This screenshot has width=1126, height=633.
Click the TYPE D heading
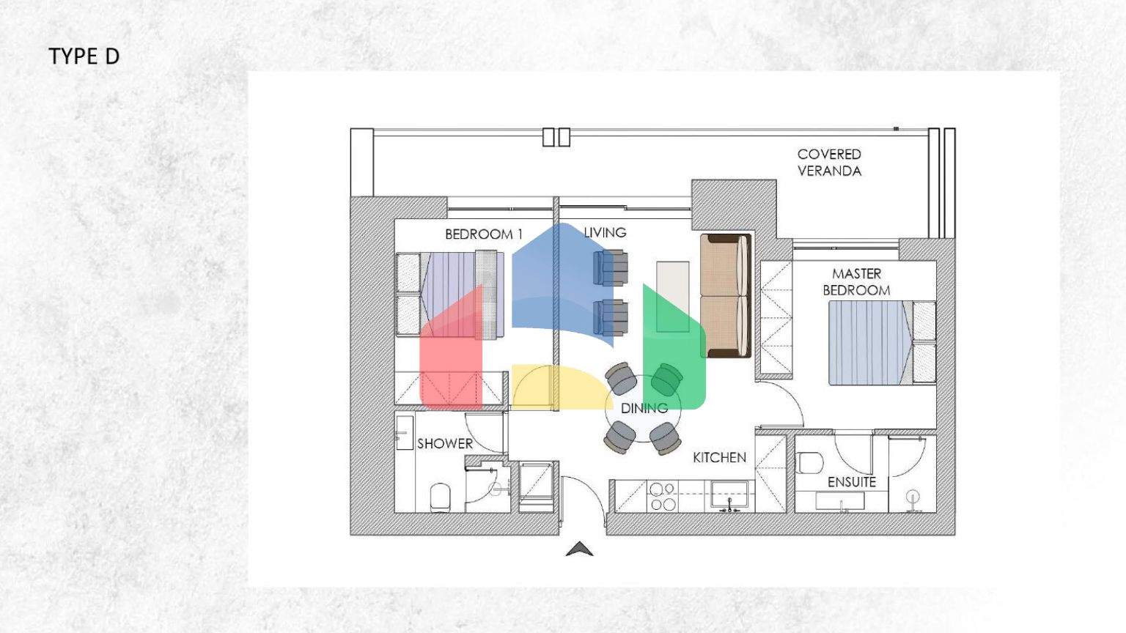84,56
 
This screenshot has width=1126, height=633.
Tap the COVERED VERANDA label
829,163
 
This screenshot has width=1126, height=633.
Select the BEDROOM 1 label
483,234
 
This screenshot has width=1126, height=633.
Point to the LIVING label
605,233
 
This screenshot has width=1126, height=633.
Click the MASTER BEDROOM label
856,282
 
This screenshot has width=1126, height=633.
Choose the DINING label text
644,408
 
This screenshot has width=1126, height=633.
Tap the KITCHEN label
719,457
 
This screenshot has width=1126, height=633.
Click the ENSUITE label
851,482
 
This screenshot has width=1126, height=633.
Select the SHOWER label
444,443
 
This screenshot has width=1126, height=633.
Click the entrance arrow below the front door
579,549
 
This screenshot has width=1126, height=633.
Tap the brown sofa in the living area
725,295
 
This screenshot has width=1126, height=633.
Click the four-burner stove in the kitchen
663,497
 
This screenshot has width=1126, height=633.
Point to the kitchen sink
729,495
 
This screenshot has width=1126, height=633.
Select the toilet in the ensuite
811,463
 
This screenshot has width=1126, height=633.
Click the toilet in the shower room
440,497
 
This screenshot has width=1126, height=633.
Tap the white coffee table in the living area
672,297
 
